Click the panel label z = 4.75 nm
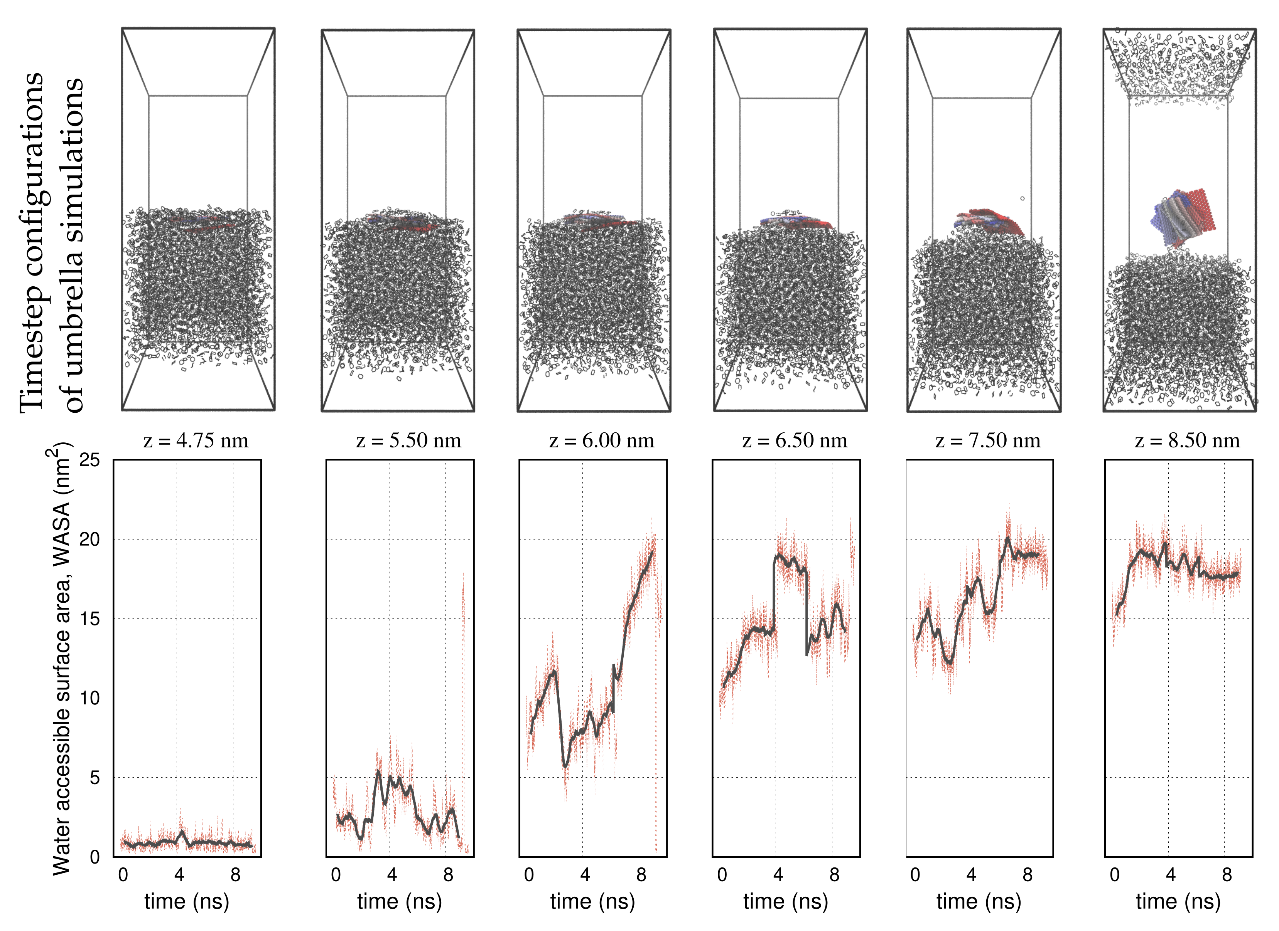coord(195,441)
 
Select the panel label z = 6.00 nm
coord(601,441)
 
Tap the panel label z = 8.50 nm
coord(1187,441)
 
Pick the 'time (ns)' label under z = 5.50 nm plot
coord(399,902)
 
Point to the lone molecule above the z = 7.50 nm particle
coord(1023,198)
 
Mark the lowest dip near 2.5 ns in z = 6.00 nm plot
coord(565,765)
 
